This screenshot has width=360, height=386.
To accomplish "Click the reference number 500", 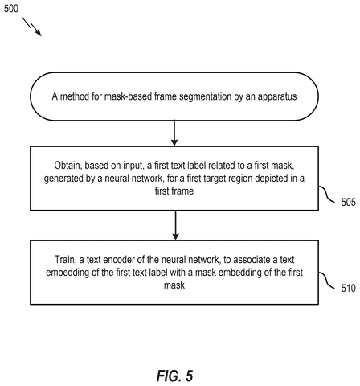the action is click(x=11, y=9).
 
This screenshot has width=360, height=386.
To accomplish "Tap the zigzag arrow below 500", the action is click(x=31, y=27).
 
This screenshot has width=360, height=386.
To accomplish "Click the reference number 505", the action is click(x=348, y=202).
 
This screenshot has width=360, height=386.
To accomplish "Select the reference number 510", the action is click(x=348, y=288).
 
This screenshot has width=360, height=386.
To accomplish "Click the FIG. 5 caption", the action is click(x=174, y=376).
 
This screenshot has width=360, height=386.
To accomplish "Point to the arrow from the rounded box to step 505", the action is click(x=174, y=133).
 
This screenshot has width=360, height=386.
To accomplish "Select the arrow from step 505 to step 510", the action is click(x=175, y=225).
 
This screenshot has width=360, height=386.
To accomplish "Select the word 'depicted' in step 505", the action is click(x=271, y=179).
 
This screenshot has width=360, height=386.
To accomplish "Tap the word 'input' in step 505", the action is click(x=133, y=166).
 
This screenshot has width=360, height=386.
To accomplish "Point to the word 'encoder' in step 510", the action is click(x=119, y=260).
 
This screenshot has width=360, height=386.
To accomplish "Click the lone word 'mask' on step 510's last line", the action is click(x=174, y=285).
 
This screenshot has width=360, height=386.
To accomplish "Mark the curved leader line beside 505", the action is click(x=326, y=195).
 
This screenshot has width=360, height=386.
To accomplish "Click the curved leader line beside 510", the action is click(x=326, y=281).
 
